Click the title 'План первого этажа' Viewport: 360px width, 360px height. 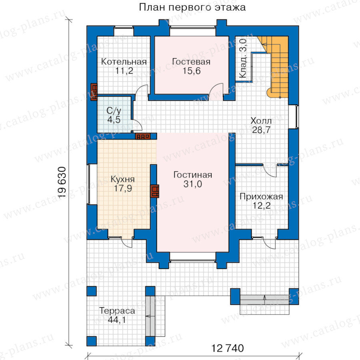pyautogui.click(x=192, y=7)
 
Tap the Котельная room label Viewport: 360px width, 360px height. pyautogui.click(x=124, y=62)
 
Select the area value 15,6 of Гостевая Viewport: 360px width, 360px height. pyautogui.click(x=192, y=71)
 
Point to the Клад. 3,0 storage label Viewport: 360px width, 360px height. pyautogui.click(x=243, y=58)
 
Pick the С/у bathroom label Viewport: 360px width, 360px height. pyautogui.click(x=114, y=111)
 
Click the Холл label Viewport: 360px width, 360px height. pyautogui.click(x=261, y=121)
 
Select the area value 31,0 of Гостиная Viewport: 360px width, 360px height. pyautogui.click(x=193, y=184)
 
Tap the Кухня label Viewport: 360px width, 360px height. pyautogui.click(x=123, y=179)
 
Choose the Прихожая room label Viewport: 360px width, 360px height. pyautogui.click(x=261, y=197)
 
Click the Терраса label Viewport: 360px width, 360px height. pyautogui.click(x=117, y=311)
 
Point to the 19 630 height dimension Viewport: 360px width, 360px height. pyautogui.click(x=62, y=182)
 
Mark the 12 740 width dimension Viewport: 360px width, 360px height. pyautogui.click(x=227, y=348)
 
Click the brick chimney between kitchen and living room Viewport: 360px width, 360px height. pyautogui.click(x=155, y=191)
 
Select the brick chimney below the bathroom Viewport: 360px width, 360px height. pyautogui.click(x=142, y=136)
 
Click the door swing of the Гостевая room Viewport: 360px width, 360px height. pyautogui.click(x=216, y=92)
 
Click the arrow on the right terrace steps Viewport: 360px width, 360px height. pyautogui.click(x=264, y=300)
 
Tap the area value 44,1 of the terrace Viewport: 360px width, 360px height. pyautogui.click(x=117, y=320)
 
